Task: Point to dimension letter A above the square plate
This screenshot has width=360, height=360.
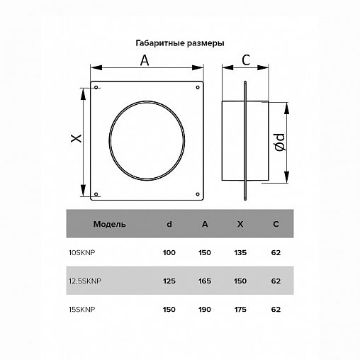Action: point(144,61)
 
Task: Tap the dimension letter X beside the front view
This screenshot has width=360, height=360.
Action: point(77,139)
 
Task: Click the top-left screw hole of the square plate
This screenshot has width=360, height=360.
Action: point(96,89)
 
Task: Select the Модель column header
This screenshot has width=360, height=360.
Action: point(109,224)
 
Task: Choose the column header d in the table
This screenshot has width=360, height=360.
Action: point(169,224)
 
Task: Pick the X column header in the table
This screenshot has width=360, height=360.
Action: point(240,224)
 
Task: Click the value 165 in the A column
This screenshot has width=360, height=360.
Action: point(205,280)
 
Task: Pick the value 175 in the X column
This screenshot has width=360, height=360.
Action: point(240,309)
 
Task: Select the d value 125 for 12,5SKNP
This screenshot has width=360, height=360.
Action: point(169,280)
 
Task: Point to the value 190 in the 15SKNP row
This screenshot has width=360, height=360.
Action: point(205,309)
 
